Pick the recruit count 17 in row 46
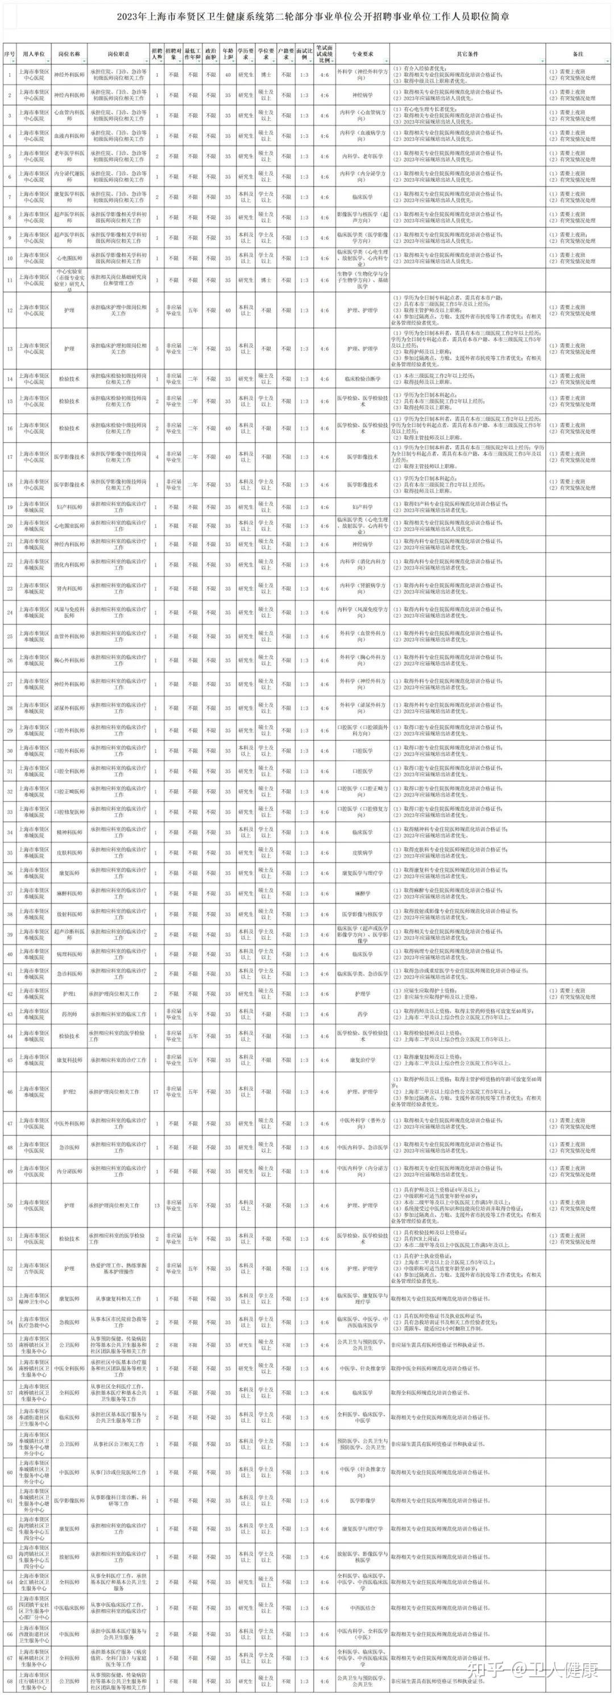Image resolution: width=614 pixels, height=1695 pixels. click(156, 1092)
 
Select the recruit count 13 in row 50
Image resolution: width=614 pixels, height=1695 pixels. click(156, 1205)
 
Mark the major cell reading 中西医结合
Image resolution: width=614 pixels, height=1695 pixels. click(363, 1607)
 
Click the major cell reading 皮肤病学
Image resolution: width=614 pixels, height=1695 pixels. click(363, 853)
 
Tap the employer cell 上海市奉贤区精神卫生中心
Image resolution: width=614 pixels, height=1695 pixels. click(34, 1299)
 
